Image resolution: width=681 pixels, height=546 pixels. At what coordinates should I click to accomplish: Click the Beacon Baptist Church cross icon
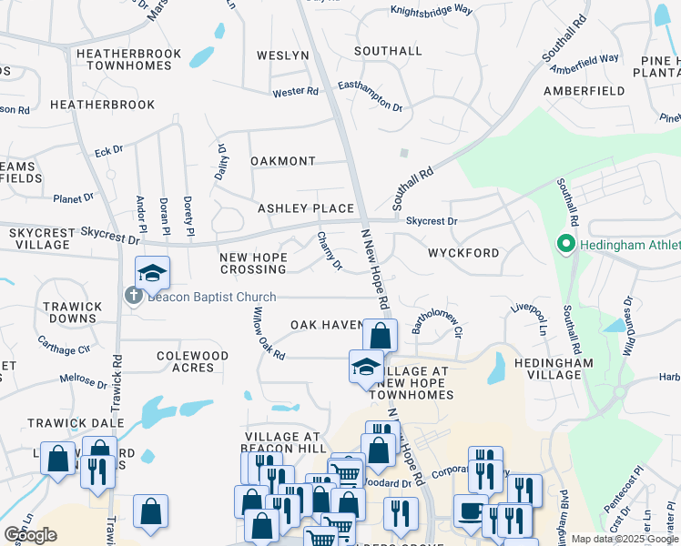(x=134, y=296)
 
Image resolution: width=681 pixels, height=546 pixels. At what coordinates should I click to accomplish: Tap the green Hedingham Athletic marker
(x=564, y=244)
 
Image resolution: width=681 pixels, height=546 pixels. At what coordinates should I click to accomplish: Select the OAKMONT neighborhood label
(x=282, y=161)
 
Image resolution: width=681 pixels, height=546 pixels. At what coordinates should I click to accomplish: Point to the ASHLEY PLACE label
(x=305, y=208)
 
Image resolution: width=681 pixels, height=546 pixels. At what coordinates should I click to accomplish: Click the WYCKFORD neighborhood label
(x=463, y=252)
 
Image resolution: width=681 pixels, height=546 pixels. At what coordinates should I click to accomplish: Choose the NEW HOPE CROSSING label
(x=253, y=264)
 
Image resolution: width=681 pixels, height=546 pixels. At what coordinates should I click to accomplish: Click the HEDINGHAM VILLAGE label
(x=553, y=369)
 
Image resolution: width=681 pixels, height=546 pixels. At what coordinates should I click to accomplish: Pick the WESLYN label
(x=283, y=56)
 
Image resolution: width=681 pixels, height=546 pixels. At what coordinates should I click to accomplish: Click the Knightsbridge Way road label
(x=432, y=11)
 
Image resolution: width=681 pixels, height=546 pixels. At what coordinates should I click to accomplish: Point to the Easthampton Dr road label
(x=370, y=95)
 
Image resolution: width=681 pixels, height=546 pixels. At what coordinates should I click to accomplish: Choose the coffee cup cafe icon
(x=470, y=511)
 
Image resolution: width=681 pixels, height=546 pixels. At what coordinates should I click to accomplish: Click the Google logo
(x=32, y=535)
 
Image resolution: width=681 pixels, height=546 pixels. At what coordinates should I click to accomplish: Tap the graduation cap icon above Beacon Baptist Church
(x=152, y=272)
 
